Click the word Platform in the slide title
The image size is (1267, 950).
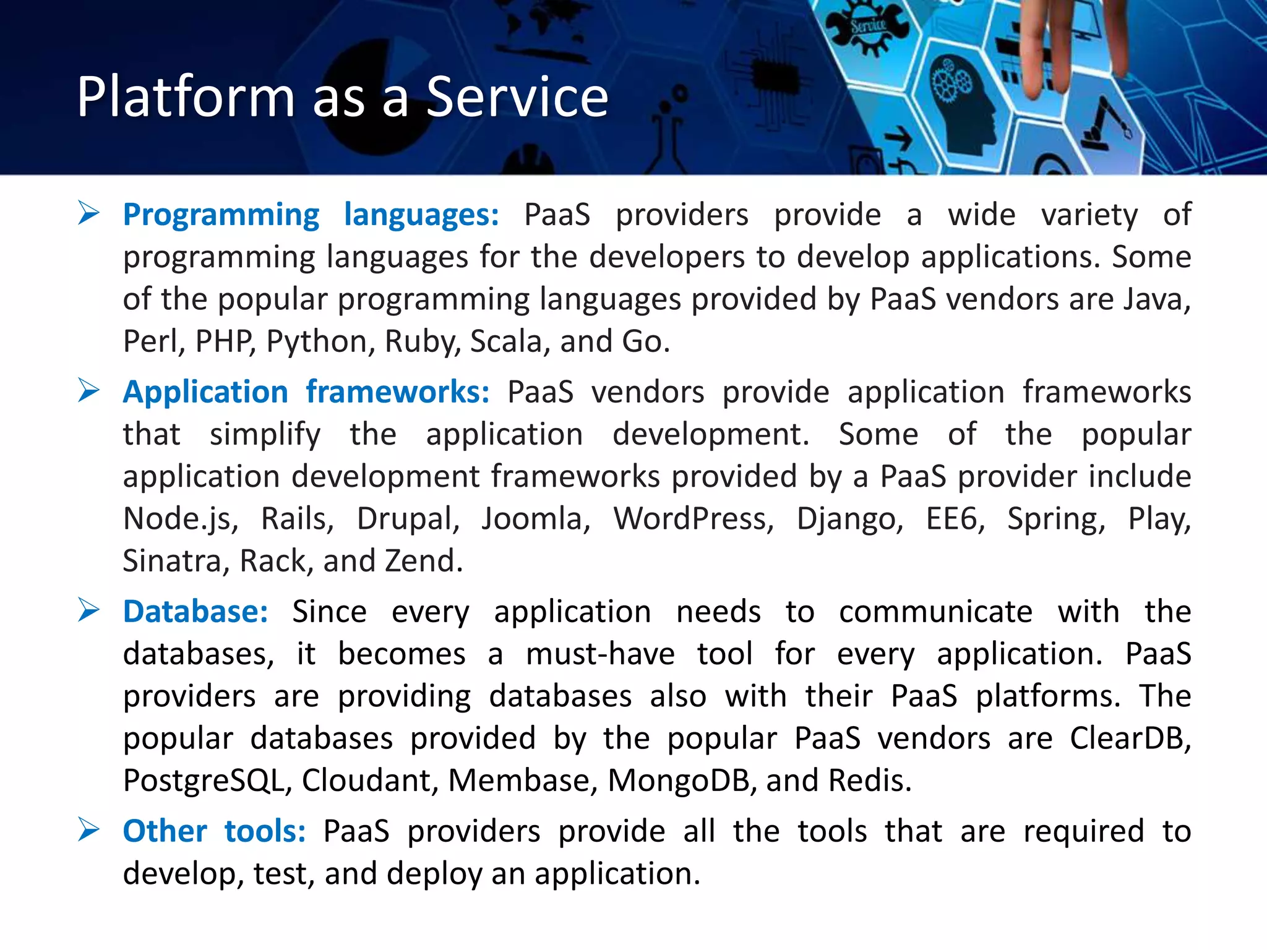click(x=186, y=97)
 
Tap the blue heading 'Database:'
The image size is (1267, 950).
click(x=195, y=612)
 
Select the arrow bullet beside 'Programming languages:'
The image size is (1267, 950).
click(x=88, y=214)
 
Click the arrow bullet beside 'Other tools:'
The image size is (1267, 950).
click(x=88, y=830)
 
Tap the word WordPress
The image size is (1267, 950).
click(x=693, y=519)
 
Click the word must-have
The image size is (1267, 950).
click(x=599, y=654)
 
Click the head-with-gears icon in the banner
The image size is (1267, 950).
click(x=962, y=102)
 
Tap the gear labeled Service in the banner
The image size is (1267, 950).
click(x=868, y=28)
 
